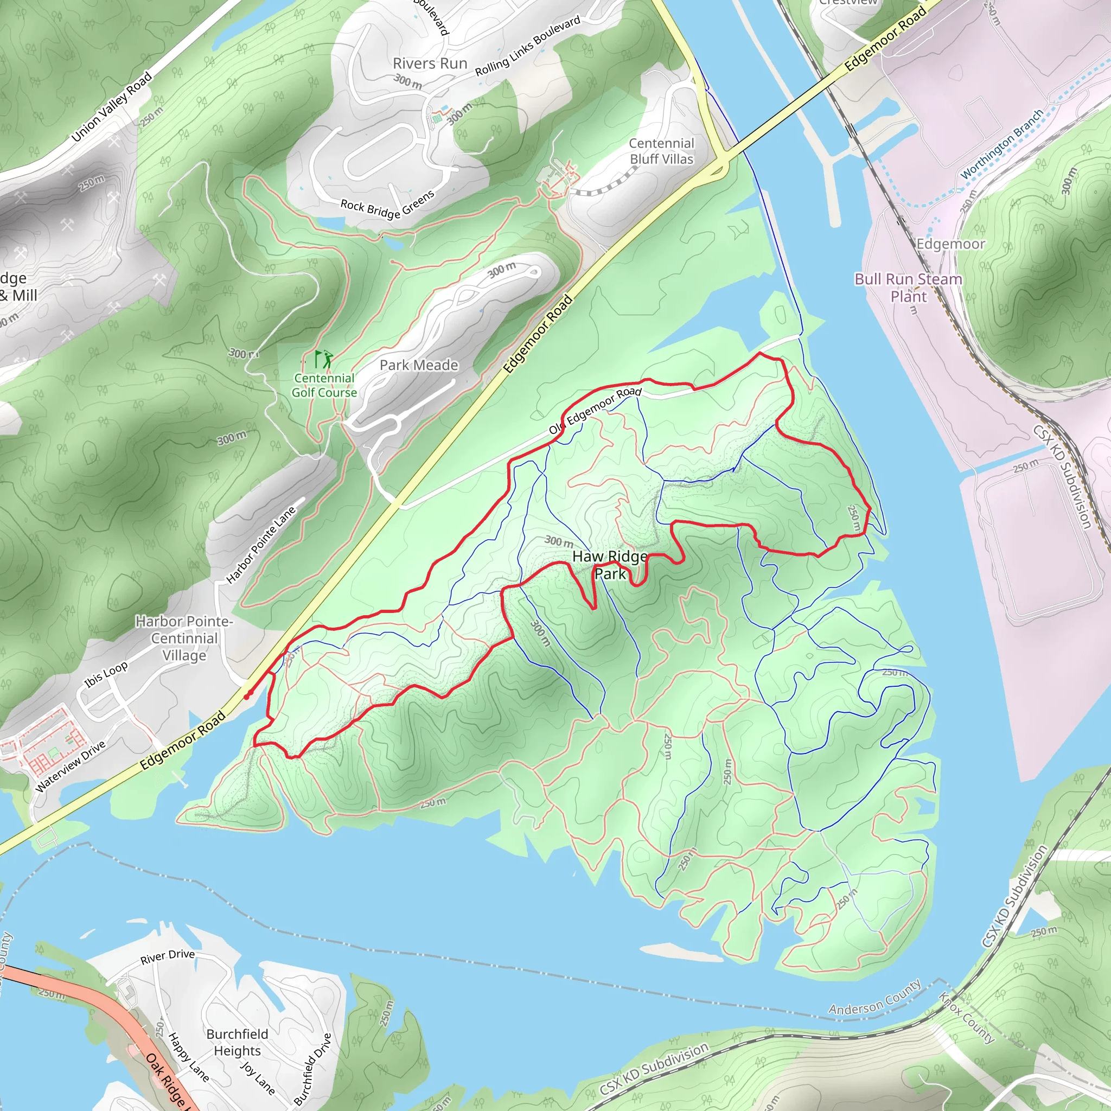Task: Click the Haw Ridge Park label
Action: (x=610, y=565)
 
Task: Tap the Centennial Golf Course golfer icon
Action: (x=324, y=360)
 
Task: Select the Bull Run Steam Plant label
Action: (x=908, y=288)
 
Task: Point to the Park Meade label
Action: (x=419, y=365)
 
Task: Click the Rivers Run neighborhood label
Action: (x=430, y=64)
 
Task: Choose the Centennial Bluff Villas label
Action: (x=661, y=151)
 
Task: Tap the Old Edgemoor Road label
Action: (x=595, y=411)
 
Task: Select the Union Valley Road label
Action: (x=112, y=106)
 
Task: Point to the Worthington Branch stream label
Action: (x=1002, y=144)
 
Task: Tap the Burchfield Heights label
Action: (x=237, y=1042)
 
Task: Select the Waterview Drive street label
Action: (x=70, y=766)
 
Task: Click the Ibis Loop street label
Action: (x=106, y=675)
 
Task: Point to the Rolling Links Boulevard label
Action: (x=527, y=47)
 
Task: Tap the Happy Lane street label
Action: (x=188, y=1057)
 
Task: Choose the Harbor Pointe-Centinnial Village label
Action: (x=184, y=638)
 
